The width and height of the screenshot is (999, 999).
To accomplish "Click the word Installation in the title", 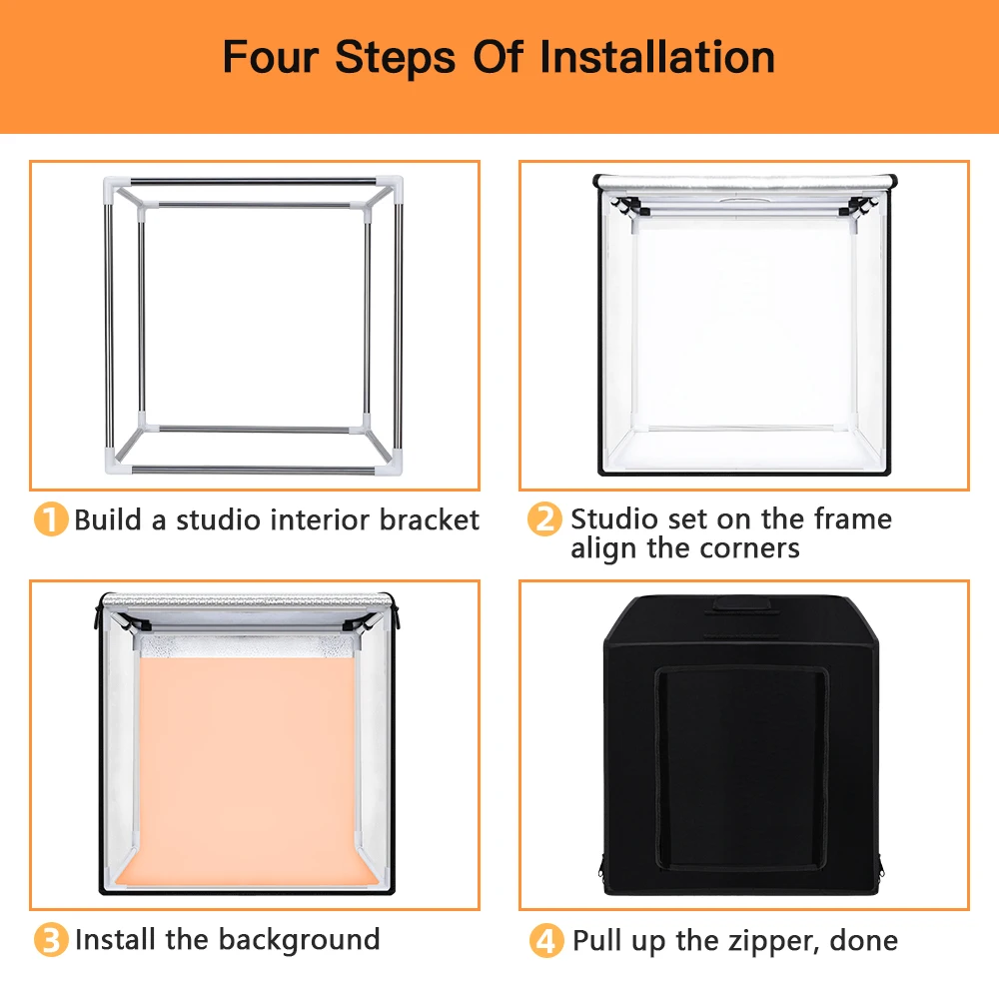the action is click(657, 57).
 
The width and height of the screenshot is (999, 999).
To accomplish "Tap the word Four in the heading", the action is click(270, 57).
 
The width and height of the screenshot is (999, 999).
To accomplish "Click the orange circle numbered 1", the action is click(51, 519).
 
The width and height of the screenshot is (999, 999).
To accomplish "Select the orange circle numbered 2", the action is click(544, 518).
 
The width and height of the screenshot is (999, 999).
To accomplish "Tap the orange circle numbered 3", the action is click(51, 940).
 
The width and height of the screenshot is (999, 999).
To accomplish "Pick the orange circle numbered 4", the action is click(546, 940).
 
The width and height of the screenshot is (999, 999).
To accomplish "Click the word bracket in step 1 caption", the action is click(430, 519).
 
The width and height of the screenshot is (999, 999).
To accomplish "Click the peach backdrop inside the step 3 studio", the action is click(247, 764).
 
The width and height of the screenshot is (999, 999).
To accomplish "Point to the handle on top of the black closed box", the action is click(741, 604).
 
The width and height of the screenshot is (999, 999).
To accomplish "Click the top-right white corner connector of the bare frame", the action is click(390, 188).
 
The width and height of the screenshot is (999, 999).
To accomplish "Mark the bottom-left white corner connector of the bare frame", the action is click(119, 462).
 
